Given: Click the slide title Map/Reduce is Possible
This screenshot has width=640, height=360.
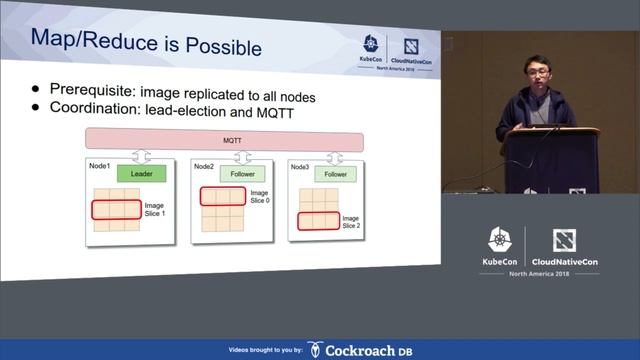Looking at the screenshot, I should point(146,46).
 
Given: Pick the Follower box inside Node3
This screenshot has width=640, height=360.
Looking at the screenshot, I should point(335,174).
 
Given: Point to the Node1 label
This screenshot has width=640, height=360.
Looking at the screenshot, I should point(99,165).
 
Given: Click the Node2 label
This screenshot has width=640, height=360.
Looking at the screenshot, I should point(203,165).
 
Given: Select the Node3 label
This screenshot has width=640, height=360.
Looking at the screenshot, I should point(300,165).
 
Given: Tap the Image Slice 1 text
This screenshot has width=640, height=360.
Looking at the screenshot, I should point(153,210).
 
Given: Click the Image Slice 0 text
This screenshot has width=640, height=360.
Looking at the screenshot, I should point(259,196).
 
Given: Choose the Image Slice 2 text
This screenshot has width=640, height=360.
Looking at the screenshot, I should point(349,222).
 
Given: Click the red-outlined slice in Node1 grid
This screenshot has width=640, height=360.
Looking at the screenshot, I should point(115,209).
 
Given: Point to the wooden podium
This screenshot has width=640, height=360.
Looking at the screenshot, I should point(550,160).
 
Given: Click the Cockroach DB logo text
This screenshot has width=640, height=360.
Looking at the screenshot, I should point(370,350).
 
